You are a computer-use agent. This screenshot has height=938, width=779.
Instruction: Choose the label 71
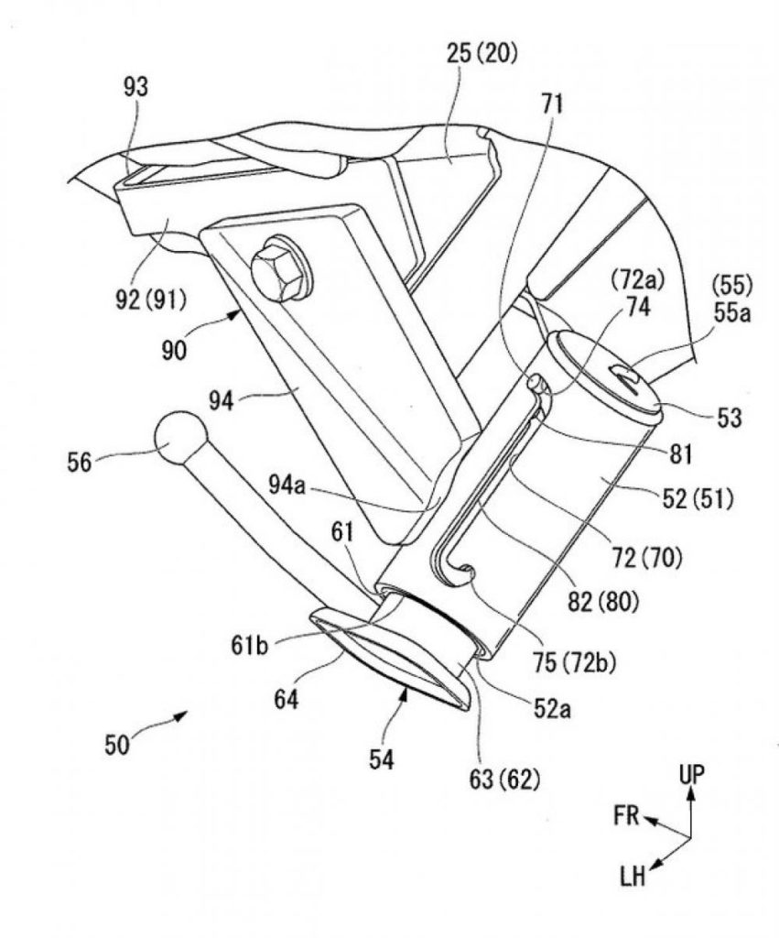(552, 105)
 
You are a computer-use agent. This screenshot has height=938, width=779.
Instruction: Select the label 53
(730, 418)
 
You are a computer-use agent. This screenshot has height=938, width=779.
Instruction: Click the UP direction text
(692, 774)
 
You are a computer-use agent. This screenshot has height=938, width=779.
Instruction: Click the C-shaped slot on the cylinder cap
(625, 374)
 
